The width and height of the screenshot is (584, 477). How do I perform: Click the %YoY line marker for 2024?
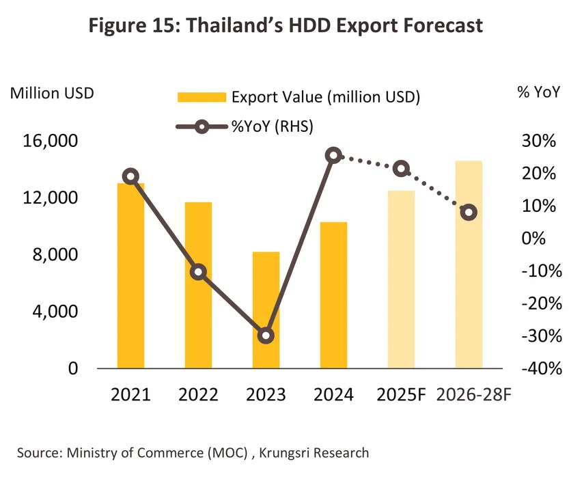point(333,156)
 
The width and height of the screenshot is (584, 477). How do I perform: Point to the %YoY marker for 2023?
point(266,336)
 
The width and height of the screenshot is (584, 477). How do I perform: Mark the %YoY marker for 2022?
point(198,271)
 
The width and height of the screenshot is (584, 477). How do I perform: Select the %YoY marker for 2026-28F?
point(469,213)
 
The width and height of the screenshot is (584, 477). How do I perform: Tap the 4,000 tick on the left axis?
point(59,312)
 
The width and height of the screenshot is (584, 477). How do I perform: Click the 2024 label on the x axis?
point(334,395)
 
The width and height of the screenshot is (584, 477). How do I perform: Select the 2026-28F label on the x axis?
point(469,395)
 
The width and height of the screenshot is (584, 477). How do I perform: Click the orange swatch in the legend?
point(201,97)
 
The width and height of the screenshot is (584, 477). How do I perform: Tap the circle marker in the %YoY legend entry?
point(201,126)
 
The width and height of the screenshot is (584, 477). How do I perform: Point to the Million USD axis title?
point(52,93)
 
